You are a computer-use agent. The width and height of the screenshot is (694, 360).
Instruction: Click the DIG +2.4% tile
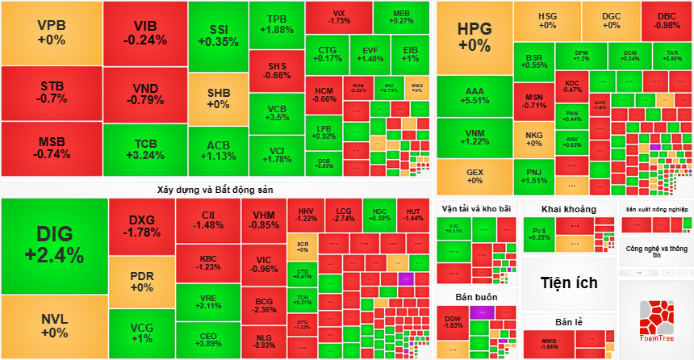[54, 245]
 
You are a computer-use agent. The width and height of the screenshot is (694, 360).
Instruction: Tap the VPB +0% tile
[51, 31]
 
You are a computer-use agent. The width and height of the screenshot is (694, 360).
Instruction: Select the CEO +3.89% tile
[208, 339]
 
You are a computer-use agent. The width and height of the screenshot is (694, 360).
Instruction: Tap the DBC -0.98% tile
[667, 20]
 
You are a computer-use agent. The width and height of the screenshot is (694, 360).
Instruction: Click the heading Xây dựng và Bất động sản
[216, 189]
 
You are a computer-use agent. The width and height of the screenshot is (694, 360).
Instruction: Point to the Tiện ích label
[569, 283]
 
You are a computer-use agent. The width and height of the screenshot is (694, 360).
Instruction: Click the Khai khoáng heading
[569, 209]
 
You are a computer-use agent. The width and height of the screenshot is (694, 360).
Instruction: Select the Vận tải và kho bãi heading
[476, 209]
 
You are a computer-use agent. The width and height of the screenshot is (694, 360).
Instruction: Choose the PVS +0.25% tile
[539, 234]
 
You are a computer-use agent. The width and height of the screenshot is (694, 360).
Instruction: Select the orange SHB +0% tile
[218, 98]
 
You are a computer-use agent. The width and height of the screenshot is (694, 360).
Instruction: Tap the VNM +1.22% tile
[475, 136]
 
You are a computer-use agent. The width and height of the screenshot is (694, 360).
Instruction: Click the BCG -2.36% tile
[264, 304]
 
